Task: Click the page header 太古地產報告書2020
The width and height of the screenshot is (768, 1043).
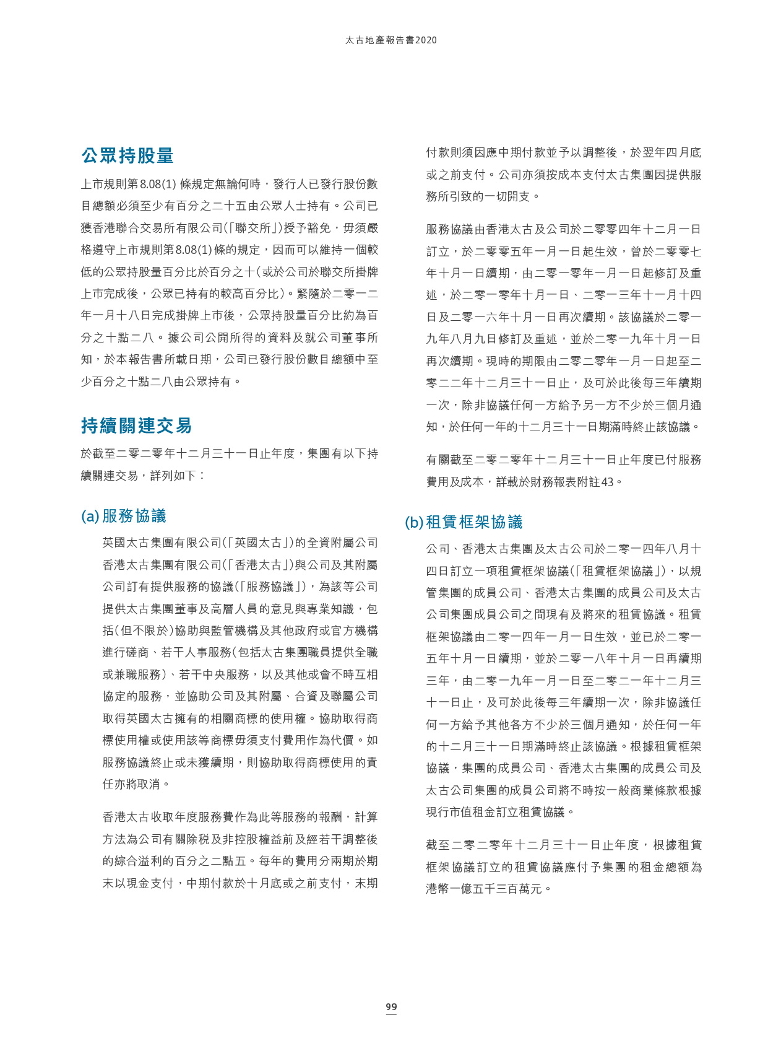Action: tap(391, 40)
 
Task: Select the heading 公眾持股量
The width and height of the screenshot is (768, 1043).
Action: tap(127, 155)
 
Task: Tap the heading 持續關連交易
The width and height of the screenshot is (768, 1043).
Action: tap(136, 425)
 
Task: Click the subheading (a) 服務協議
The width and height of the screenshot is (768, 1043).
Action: tap(124, 516)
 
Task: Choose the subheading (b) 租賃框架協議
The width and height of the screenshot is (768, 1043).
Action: tap(464, 522)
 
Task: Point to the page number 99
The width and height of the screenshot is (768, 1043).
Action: tap(391, 1007)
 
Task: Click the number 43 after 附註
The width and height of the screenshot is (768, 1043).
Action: tap(607, 482)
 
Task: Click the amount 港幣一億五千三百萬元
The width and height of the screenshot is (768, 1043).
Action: tap(484, 889)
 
